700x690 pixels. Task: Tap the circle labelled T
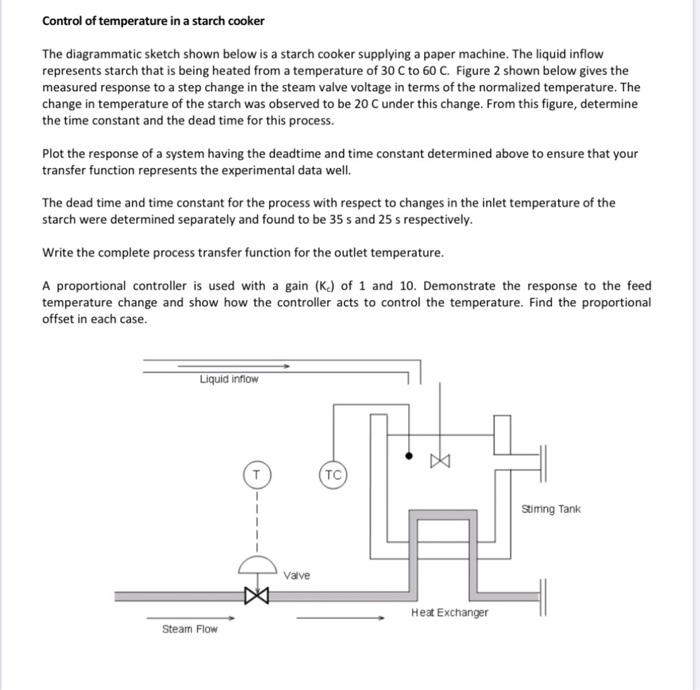[257, 473]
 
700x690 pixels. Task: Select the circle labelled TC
[333, 473]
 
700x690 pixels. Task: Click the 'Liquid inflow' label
[228, 379]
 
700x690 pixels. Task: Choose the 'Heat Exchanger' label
[449, 612]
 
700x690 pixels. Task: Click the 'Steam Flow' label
[189, 629]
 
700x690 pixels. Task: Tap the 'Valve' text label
[297, 575]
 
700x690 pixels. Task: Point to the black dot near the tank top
[408, 455]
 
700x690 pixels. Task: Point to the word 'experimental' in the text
[305, 169]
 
